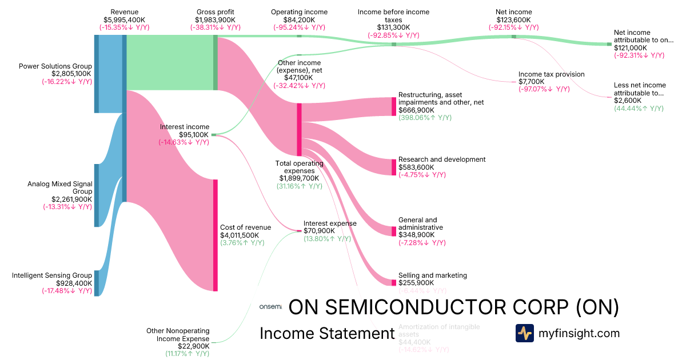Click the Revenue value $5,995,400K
(124, 19)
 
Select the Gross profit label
(215, 11)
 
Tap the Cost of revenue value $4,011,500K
(240, 235)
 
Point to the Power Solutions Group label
(55, 66)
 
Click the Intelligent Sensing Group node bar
(97, 283)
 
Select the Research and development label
(441, 159)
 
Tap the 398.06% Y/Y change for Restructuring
(425, 118)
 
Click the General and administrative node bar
(393, 231)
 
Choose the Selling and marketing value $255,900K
(416, 283)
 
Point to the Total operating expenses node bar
(299, 129)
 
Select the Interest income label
(185, 127)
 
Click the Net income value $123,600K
(514, 19)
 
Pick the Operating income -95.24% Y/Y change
(299, 27)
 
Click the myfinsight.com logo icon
(524, 333)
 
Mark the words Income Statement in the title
(326, 333)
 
